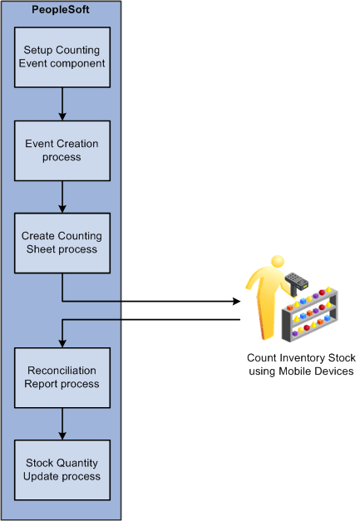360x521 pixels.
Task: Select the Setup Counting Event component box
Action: tap(62, 57)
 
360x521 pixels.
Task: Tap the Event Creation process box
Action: tap(62, 150)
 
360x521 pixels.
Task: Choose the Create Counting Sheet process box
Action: tap(62, 243)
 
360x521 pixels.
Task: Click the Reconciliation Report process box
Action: tap(62, 377)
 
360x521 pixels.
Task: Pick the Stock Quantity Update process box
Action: tap(62, 470)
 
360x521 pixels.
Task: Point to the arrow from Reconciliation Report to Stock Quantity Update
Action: tap(62, 425)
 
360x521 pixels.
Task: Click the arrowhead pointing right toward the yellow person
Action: tap(235, 301)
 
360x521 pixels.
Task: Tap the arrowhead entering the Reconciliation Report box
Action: tap(62, 342)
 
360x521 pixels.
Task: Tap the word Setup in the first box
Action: tap(38, 50)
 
